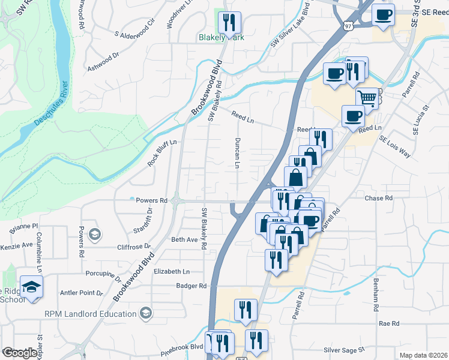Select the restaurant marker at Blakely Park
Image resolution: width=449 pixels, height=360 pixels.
[x=229, y=22]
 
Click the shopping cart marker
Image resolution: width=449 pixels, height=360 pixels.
[x=367, y=97]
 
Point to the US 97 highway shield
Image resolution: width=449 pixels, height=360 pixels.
[x=349, y=26]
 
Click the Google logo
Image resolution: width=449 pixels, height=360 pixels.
[x=20, y=353]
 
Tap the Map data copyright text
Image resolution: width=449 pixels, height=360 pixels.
[x=423, y=355]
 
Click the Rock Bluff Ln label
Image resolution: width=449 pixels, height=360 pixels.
[x=162, y=153]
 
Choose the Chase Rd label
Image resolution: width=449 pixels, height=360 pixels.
[x=378, y=197]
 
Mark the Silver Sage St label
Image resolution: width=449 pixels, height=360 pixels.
[x=345, y=349]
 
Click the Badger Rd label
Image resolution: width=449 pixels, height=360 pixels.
[x=191, y=286]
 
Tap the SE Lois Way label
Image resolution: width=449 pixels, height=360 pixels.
[x=395, y=146]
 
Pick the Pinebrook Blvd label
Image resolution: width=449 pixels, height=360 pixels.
[x=181, y=346]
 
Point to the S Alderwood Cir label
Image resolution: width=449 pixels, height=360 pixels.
[x=135, y=28]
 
